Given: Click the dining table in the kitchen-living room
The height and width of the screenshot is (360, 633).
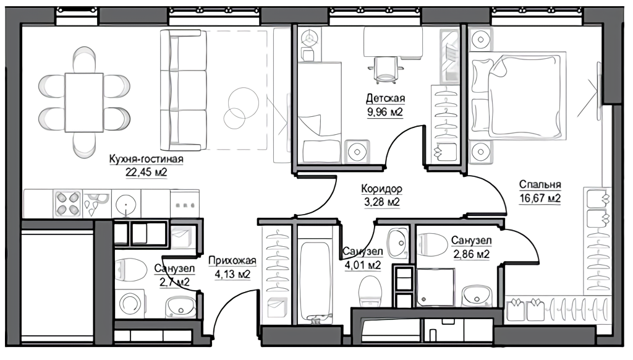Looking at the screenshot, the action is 84,102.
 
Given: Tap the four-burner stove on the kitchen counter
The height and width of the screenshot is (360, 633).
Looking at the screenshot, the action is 67,204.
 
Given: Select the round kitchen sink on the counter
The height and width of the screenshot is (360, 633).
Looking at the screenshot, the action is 126,204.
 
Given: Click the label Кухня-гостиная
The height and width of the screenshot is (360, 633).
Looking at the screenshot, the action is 146,159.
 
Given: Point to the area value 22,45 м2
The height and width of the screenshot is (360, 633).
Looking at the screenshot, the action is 146,173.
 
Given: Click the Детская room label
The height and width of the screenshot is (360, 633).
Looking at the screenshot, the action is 386,98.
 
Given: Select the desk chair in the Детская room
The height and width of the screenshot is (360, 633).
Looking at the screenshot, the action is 386,69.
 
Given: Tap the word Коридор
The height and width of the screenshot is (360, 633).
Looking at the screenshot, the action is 381,189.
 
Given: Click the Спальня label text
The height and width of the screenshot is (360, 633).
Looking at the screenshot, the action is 540,185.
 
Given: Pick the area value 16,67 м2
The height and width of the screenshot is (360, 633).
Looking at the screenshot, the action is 540,199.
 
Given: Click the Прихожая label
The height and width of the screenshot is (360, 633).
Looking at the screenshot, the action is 232,261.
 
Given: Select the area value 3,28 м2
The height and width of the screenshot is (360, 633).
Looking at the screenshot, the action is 381,202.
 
